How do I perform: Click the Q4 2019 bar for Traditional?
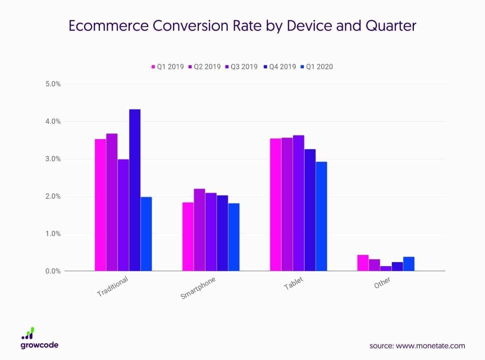tap(135, 190)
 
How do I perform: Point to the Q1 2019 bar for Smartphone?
tap(188, 237)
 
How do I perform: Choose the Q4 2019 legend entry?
tap(279, 67)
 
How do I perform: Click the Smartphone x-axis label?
tap(198, 288)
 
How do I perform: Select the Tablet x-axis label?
tap(293, 284)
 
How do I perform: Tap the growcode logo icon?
tap(28, 333)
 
